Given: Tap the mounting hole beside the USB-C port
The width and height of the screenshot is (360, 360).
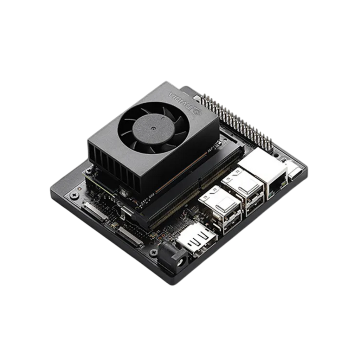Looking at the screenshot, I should (278, 155).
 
